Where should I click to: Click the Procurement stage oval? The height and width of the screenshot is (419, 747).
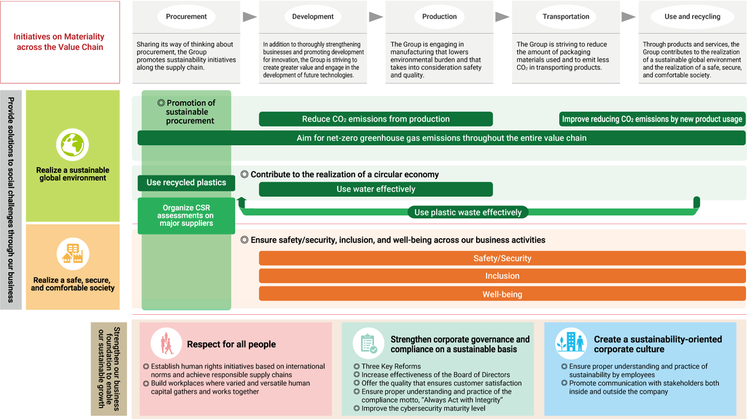coord(186,17)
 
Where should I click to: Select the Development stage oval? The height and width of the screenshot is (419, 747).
coord(312,17)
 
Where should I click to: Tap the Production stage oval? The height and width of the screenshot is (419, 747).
coord(439,17)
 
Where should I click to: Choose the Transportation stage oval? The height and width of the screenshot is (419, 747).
coord(565,17)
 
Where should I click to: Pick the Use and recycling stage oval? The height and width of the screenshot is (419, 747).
coord(692,17)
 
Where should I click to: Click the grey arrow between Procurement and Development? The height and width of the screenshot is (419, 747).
coord(250,17)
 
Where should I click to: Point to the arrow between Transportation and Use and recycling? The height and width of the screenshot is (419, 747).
coord(629,17)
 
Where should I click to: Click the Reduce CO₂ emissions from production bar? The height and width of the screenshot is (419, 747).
coord(376,119)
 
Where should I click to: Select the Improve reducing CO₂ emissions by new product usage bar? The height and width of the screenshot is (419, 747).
coord(652,119)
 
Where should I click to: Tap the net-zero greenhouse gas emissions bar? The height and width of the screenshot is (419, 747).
coord(441,138)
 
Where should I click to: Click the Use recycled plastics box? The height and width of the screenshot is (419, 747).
coord(186,183)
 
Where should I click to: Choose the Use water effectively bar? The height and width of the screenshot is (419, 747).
coord(376,189)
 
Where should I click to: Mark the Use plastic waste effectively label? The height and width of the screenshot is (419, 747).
coord(468,212)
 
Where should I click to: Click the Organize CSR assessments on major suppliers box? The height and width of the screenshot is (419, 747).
coord(186,216)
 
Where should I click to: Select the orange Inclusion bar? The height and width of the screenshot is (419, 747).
coord(502,276)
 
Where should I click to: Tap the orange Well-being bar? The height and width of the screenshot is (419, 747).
coord(502,294)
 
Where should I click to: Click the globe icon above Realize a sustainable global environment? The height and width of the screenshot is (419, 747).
coord(73,145)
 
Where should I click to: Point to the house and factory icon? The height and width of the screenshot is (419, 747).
coord(73,254)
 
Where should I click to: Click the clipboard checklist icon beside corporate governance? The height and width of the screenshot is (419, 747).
coord(368,343)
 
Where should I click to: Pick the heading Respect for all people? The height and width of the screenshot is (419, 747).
coord(231,344)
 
